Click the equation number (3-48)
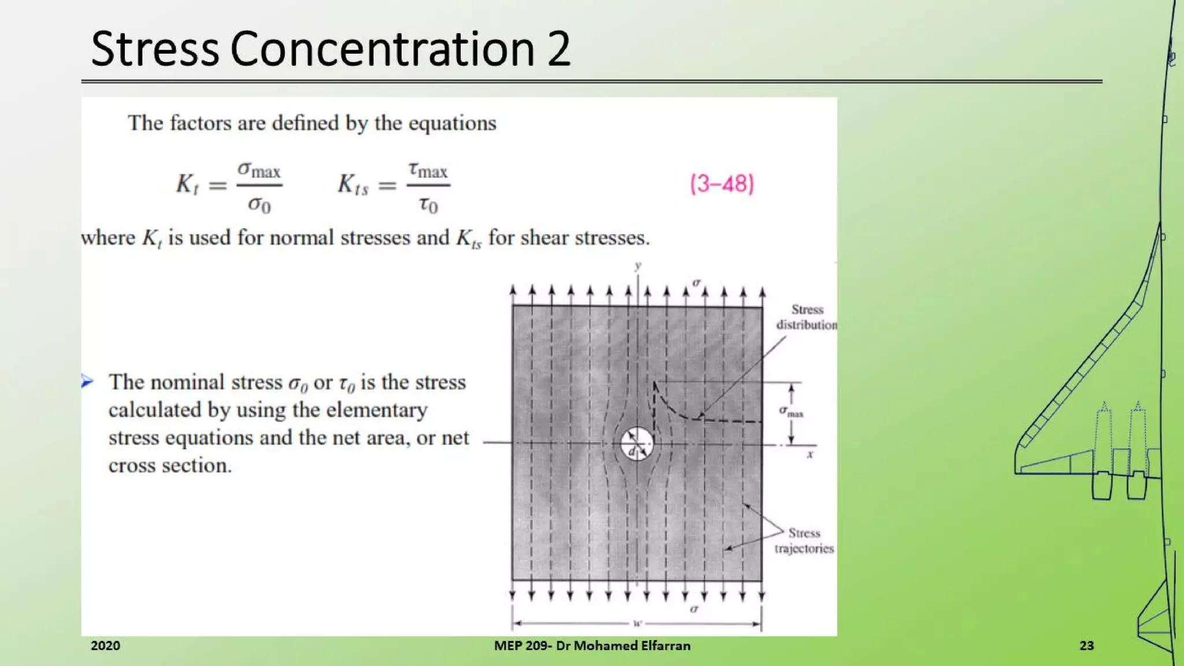coord(722,184)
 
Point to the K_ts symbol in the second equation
coord(353,184)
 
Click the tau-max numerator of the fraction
coord(428,170)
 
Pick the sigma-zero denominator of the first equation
coord(259,204)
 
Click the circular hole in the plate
coord(637,443)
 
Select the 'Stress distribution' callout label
coord(806,317)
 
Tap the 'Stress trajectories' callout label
coord(804,541)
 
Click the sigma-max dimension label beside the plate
coord(791,412)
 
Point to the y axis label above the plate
coord(638,266)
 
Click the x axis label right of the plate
coord(810,454)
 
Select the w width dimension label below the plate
coord(637,623)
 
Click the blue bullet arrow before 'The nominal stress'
coord(87,381)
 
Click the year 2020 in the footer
coord(105,646)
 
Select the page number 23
coord(1086,646)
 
